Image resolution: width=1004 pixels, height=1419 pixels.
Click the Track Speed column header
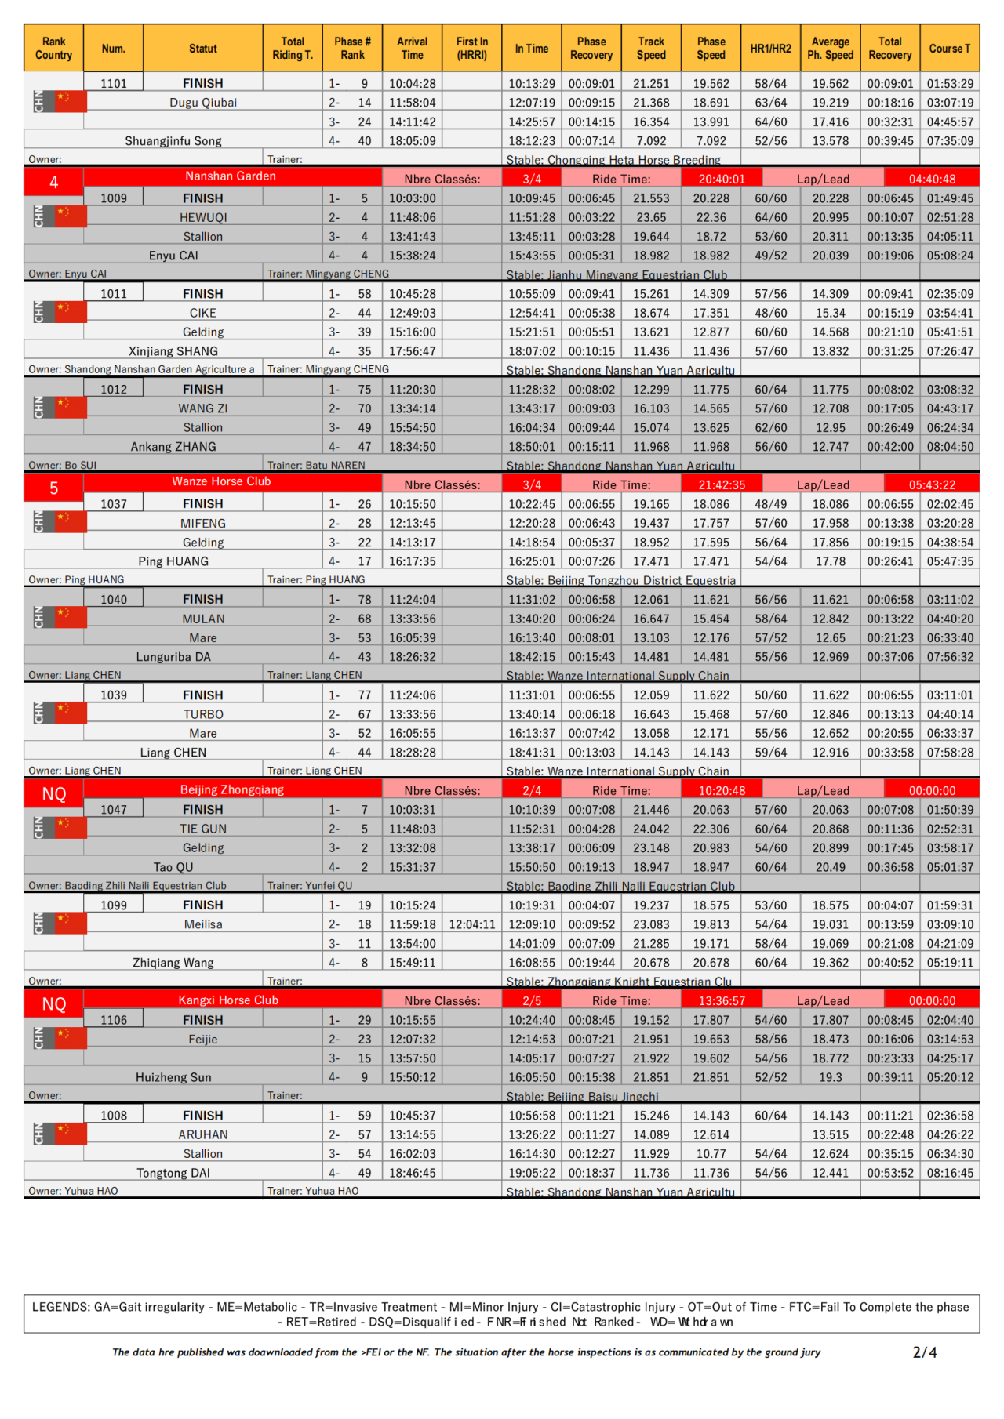651,49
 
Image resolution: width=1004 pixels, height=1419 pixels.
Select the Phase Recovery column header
591,49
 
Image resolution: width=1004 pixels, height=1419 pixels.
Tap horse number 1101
114,83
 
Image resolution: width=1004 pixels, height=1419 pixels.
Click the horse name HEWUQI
203,217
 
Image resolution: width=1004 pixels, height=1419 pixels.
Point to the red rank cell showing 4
53,182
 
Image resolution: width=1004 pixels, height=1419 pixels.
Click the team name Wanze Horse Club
221,481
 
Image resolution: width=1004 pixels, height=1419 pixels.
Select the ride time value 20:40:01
722,179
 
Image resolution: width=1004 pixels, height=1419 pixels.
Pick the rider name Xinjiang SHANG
173,351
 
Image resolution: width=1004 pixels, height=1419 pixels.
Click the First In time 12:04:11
472,924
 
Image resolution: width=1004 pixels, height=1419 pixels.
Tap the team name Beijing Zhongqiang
232,789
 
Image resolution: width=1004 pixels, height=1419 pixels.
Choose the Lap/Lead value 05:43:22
932,484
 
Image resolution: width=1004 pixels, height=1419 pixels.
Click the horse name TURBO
203,714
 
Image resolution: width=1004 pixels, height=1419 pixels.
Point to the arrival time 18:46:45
412,1173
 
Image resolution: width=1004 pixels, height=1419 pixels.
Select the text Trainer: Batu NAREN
316,465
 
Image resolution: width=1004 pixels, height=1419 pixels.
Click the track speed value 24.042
651,829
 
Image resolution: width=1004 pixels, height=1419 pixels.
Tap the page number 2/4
925,1352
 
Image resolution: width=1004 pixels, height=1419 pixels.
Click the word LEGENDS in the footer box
61,1307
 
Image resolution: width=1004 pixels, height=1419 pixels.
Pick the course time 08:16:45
950,1173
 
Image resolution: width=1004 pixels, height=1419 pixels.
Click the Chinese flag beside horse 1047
71,826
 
